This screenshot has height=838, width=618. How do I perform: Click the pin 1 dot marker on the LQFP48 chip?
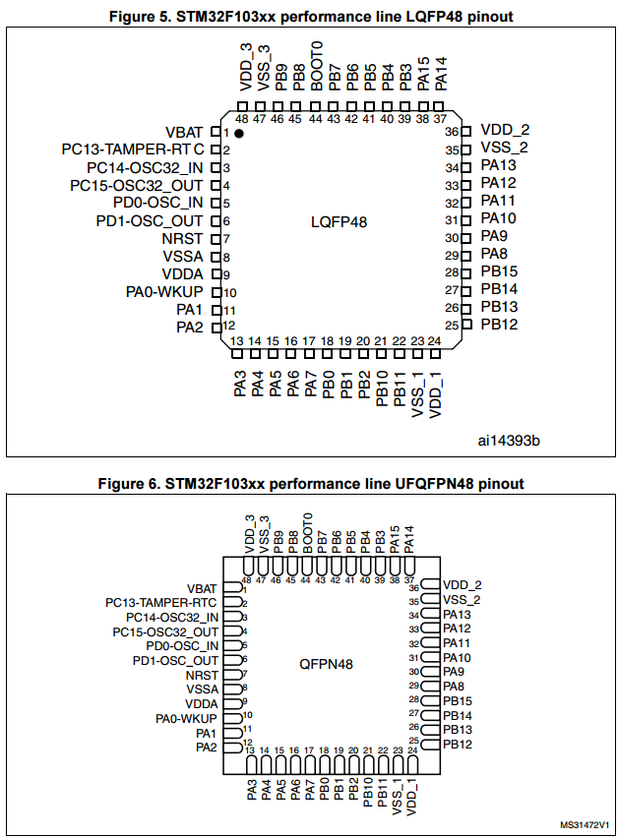point(239,132)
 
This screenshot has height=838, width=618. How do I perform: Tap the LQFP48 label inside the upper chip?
point(339,222)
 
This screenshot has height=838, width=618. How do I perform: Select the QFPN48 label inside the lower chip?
point(326,664)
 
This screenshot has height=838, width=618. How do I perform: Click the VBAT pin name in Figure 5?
point(185,132)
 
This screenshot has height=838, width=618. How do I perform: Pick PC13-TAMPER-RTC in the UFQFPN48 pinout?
point(161,602)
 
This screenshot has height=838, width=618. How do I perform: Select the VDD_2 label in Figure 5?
point(505,130)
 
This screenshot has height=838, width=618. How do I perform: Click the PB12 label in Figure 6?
point(459,744)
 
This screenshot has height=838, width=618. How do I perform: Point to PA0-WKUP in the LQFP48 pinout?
point(164,291)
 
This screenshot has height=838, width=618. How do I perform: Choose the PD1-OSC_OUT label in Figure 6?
point(175,660)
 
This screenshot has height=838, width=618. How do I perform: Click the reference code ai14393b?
point(510,440)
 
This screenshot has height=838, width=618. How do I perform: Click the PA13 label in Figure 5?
point(498,165)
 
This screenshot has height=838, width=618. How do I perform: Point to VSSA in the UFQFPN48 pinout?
point(201,688)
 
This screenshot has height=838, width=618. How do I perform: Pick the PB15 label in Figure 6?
point(459,700)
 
